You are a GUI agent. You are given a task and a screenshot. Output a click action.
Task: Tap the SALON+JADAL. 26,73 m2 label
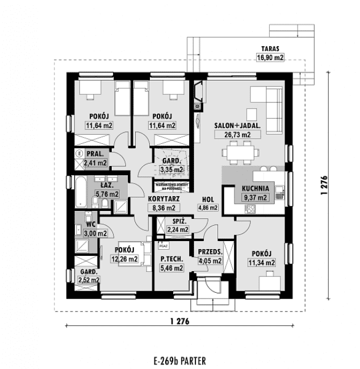[237, 130]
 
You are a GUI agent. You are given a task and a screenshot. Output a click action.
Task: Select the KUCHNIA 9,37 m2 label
[255, 193]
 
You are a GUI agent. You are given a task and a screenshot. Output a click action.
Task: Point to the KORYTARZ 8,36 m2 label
[164, 204]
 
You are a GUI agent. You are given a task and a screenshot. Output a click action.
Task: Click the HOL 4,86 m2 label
[207, 204]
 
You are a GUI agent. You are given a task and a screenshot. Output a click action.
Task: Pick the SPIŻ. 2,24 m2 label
[177, 225]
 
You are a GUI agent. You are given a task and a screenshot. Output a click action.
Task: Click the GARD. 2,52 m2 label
[89, 276]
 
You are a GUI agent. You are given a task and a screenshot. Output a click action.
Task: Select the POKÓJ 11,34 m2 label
[261, 258]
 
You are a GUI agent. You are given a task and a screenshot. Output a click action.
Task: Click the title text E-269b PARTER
[179, 360]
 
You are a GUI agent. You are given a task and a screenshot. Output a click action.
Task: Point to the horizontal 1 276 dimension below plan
[179, 321]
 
